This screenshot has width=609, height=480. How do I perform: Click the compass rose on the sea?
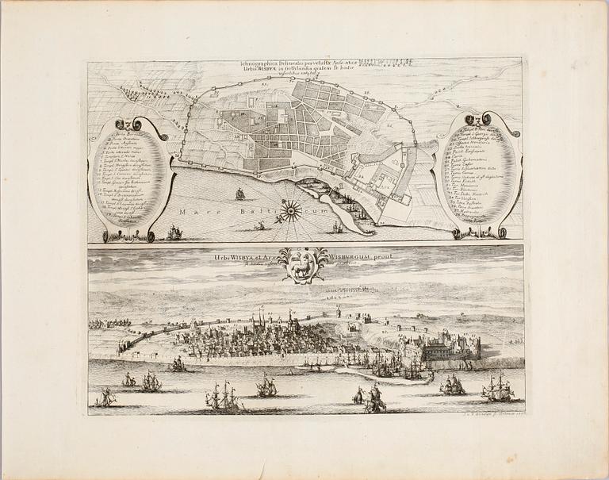click(x=291, y=209)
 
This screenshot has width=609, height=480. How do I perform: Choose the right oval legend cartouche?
click(x=480, y=176)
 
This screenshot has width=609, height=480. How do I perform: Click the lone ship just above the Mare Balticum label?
click(x=240, y=194)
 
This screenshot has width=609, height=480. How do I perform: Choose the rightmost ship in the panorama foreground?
click(x=499, y=388)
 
